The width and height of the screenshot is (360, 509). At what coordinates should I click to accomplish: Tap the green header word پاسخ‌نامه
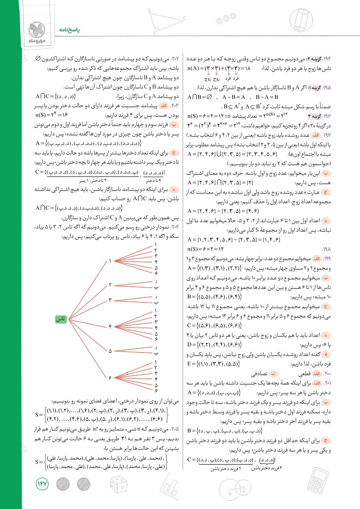[61, 28]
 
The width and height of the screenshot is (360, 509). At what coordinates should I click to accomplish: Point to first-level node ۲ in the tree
[110, 284]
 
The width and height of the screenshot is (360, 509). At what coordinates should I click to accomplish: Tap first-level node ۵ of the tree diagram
[110, 352]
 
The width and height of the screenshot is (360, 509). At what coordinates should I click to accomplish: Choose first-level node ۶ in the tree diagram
[110, 379]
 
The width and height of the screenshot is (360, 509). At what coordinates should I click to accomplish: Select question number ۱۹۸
[346, 247]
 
